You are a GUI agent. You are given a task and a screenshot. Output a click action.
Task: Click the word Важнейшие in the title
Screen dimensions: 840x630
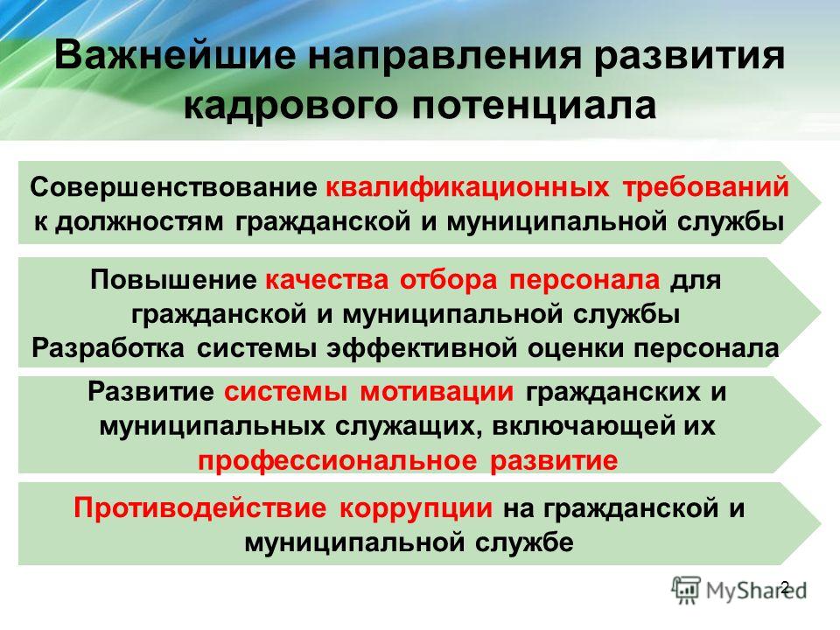point(175,55)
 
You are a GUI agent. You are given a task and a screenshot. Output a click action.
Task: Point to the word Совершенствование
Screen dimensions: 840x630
point(173,187)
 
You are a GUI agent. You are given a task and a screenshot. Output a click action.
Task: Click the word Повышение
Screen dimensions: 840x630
point(173,280)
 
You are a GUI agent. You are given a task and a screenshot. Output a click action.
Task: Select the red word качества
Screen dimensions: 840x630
point(326,281)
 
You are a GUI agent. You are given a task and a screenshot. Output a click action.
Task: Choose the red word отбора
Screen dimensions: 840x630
point(448,280)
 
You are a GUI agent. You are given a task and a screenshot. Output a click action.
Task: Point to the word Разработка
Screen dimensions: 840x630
point(108,349)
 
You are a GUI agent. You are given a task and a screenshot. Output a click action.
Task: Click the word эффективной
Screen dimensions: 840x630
point(422,349)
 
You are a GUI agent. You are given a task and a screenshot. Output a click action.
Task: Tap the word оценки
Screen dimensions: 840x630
point(576,349)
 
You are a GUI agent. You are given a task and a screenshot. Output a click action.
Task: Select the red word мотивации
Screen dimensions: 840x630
point(437,392)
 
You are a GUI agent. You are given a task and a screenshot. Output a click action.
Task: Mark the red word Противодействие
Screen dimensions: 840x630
point(199,507)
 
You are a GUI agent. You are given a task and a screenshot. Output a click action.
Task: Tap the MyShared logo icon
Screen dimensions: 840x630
point(686,591)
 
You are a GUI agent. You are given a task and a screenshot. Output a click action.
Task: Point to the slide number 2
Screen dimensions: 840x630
point(785,587)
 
